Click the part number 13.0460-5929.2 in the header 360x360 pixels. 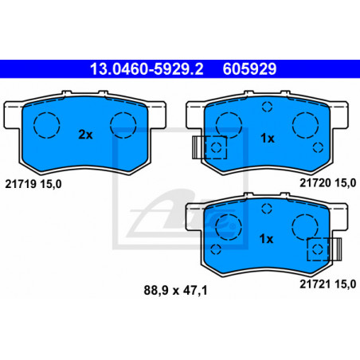point(147,69)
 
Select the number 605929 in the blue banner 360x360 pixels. point(249,69)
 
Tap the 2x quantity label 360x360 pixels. point(85,135)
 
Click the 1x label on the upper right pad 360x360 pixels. point(268,138)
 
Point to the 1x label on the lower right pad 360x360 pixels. point(266,239)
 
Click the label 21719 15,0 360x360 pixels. point(33,184)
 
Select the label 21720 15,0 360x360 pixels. point(328,183)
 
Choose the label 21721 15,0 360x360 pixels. point(328,284)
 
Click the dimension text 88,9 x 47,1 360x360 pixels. point(175,290)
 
